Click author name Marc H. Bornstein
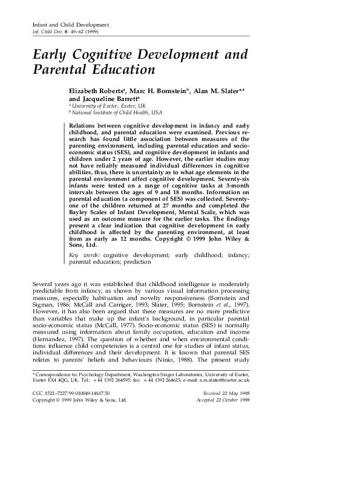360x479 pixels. pyautogui.click(x=159, y=91)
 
